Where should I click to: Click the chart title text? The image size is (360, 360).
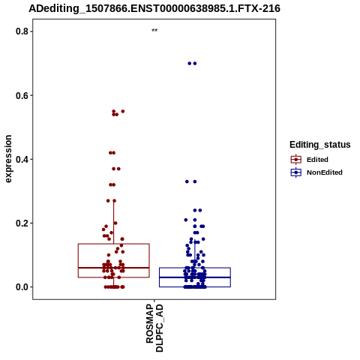click(154, 8)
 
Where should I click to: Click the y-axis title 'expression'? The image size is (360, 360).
click(8, 159)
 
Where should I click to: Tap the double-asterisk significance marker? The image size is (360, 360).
click(154, 31)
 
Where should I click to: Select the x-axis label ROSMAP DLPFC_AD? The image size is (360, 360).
click(154, 328)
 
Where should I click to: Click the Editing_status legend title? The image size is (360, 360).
click(320, 145)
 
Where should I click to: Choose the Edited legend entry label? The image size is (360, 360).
click(317, 160)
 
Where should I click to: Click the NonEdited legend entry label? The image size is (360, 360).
click(325, 172)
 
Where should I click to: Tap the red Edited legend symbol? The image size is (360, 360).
click(296, 160)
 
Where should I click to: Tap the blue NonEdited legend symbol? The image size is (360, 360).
click(296, 172)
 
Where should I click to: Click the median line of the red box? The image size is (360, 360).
click(114, 268)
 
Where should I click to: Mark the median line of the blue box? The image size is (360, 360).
click(195, 277)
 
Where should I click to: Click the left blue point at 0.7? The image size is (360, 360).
click(190, 64)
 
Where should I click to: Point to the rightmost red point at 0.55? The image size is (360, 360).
click(123, 112)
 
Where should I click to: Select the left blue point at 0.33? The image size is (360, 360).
click(187, 181)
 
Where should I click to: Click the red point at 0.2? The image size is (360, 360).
click(115, 223)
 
